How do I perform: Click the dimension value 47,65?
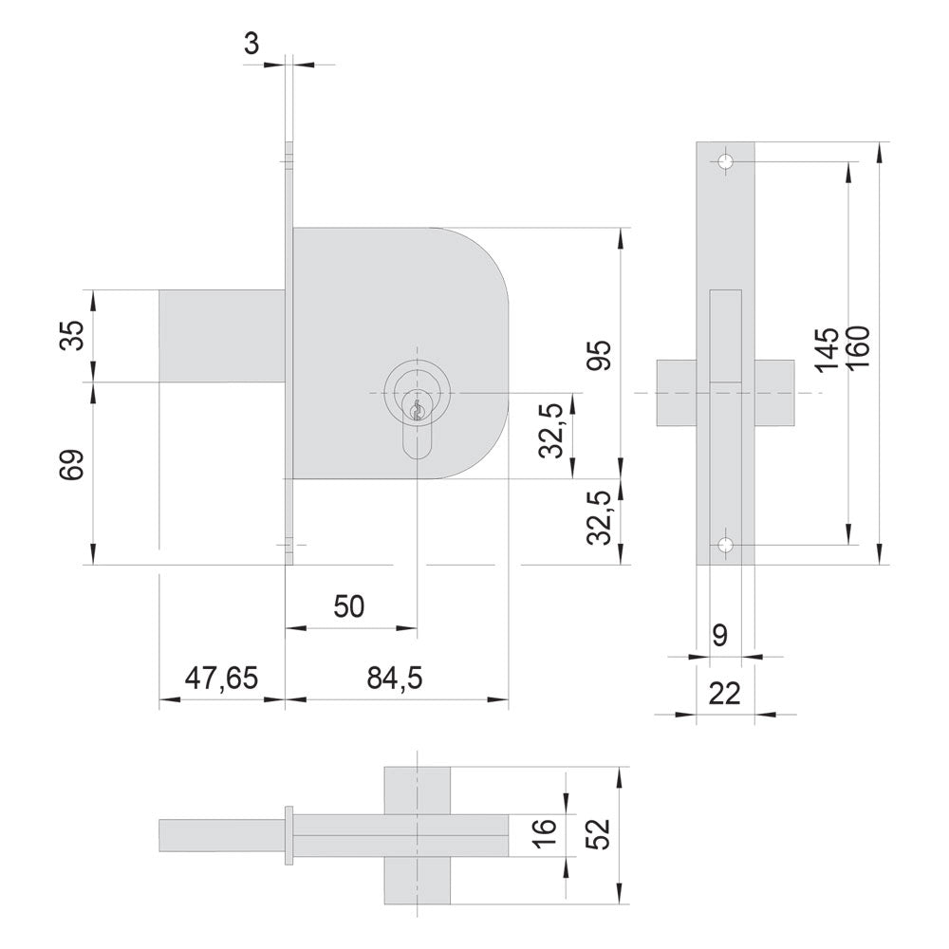point(221,679)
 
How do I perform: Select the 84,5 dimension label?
point(395,679)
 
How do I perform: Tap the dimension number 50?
point(349,606)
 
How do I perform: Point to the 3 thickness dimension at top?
point(251,44)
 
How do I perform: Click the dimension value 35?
point(72,335)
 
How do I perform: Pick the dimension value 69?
point(72,465)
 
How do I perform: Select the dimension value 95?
point(600,355)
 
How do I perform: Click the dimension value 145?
point(827,350)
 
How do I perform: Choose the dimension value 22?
point(724,693)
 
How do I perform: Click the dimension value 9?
point(719,636)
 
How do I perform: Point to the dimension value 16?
point(545,834)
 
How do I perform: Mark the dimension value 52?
point(600,834)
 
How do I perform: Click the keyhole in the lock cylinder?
point(417,411)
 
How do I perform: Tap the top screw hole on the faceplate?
point(725,161)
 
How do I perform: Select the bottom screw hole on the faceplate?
point(725,545)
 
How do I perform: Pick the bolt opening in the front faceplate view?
point(726,336)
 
